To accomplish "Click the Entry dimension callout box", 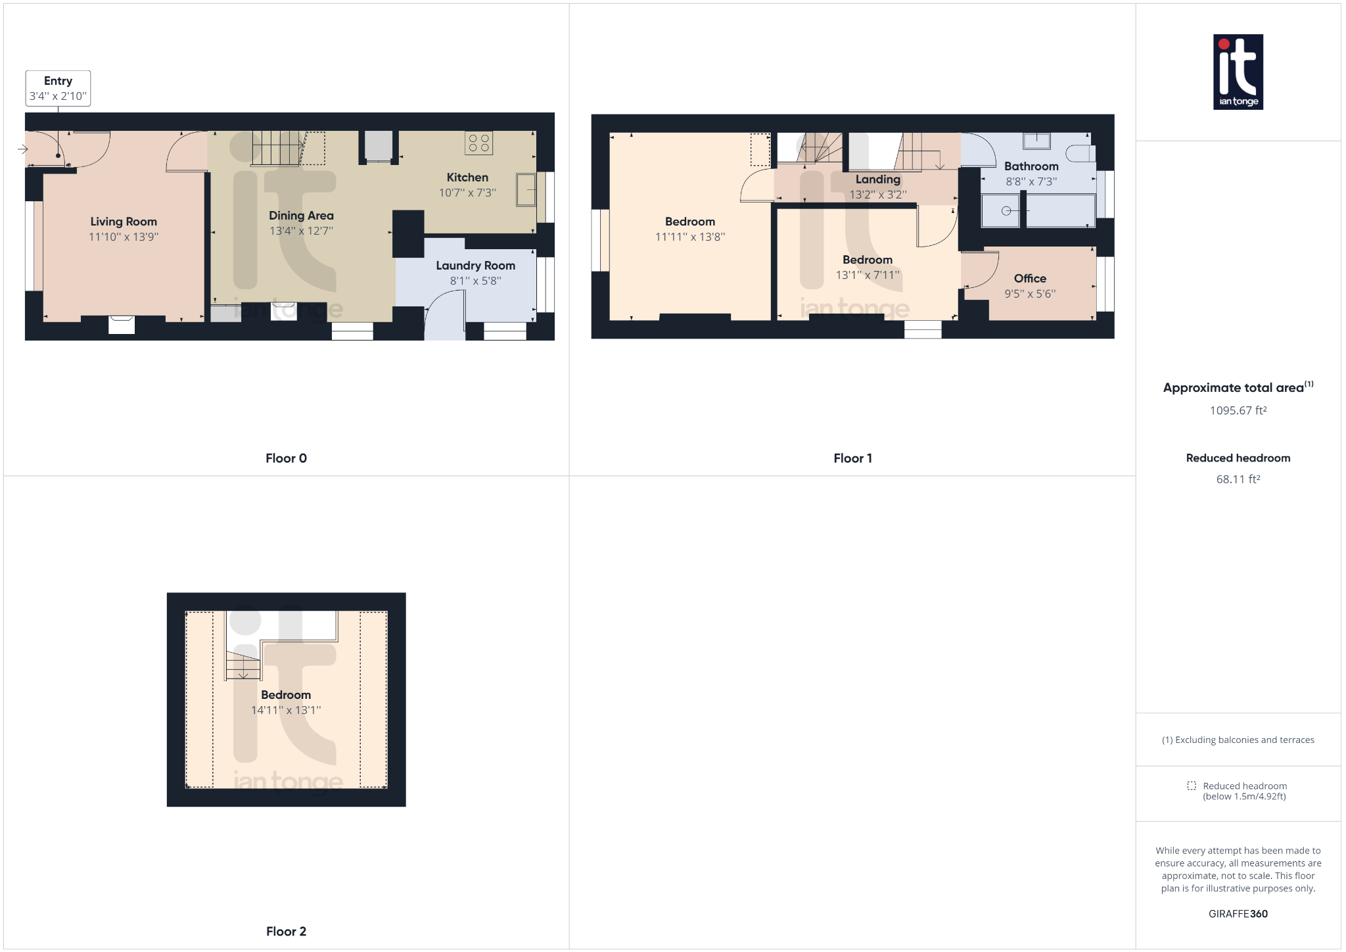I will tap(58, 88).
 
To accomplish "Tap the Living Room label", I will tap(124, 222).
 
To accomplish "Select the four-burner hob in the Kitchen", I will tap(478, 143).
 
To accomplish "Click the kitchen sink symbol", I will tap(526, 190).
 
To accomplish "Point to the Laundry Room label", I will tap(475, 266).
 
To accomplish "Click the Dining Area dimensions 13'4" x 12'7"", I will tap(301, 231).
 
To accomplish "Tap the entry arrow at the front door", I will tap(22, 150).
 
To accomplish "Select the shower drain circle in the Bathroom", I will tap(1006, 211).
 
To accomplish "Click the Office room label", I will tap(1030, 279).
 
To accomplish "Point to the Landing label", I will tap(877, 179).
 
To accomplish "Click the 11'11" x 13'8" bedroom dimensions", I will tap(689, 237).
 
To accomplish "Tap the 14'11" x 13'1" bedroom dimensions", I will tap(286, 710).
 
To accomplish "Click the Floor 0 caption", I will tap(286, 458).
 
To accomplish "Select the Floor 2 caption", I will tap(286, 931).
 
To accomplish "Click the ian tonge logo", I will tap(1238, 72).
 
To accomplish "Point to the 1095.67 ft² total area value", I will tap(1238, 410).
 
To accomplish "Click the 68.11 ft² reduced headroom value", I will tap(1238, 479).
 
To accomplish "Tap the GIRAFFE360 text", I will tap(1238, 914).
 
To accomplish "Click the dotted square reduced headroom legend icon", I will tap(1192, 786).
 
